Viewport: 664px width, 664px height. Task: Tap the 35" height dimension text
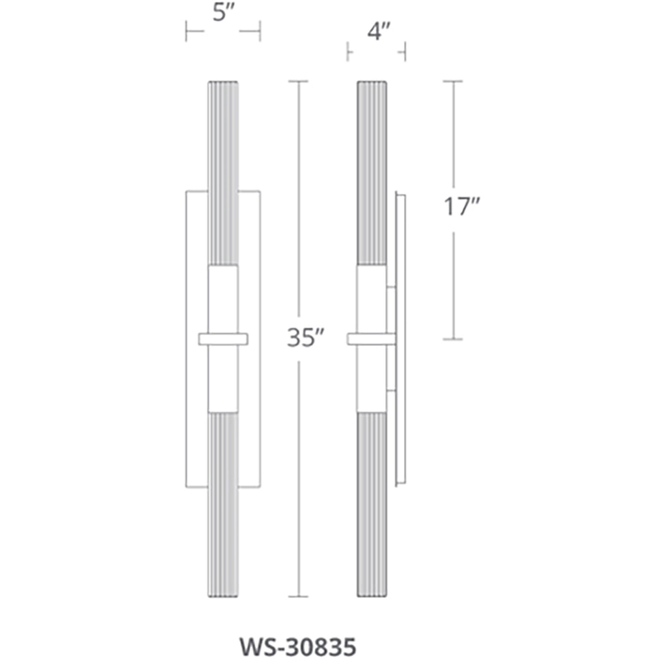point(305,337)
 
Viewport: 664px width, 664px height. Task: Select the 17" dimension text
point(461,206)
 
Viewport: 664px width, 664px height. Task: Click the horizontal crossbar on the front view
point(223,339)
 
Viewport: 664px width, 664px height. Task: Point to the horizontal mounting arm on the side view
point(371,339)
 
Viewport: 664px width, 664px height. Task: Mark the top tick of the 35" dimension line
point(298,81)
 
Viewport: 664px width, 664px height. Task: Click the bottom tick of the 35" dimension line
point(298,597)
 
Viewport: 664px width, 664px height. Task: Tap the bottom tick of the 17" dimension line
point(452,339)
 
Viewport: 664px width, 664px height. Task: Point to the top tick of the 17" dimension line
point(452,81)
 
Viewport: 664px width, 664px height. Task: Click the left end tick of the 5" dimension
point(186,31)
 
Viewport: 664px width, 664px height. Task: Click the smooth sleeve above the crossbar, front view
point(223,299)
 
